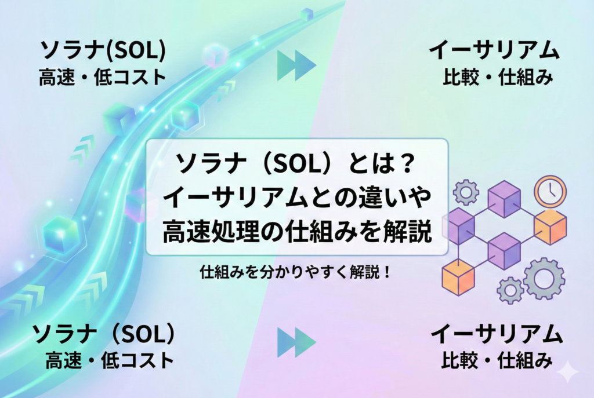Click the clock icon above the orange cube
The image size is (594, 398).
click(x=550, y=192)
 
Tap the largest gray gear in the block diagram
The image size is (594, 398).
click(x=544, y=278)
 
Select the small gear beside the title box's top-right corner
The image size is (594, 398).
click(x=466, y=192)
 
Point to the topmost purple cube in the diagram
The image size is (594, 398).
click(x=504, y=198)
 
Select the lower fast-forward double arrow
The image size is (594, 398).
click(x=296, y=342)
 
